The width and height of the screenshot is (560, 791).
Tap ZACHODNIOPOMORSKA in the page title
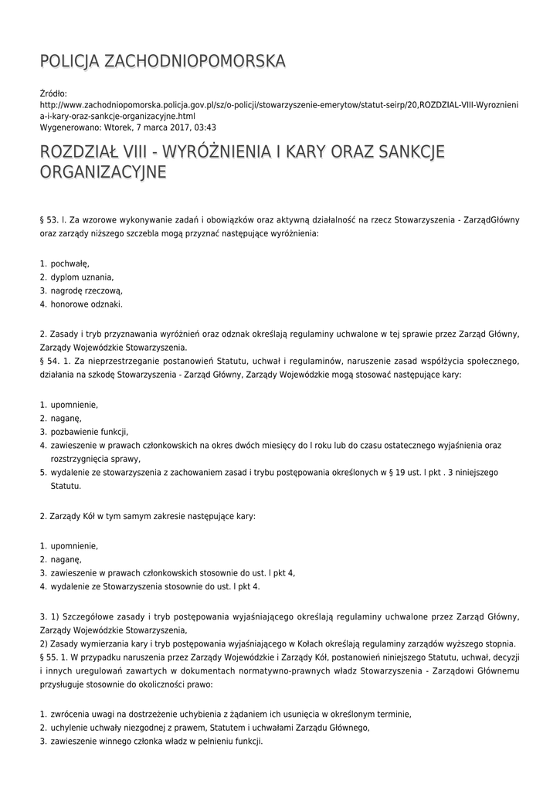coord(194,60)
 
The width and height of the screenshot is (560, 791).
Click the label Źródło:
coord(53,93)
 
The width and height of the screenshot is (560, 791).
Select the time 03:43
coord(204,127)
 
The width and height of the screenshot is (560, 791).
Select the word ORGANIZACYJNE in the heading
coord(103,171)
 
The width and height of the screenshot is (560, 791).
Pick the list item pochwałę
coord(70,263)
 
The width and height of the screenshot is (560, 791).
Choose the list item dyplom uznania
coord(83,277)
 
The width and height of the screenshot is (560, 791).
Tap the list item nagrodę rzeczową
coord(87,290)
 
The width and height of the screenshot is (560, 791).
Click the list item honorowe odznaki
coord(87,304)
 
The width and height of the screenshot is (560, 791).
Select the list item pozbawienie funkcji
coord(90,431)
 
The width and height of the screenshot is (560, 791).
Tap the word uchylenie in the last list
coord(70,728)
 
